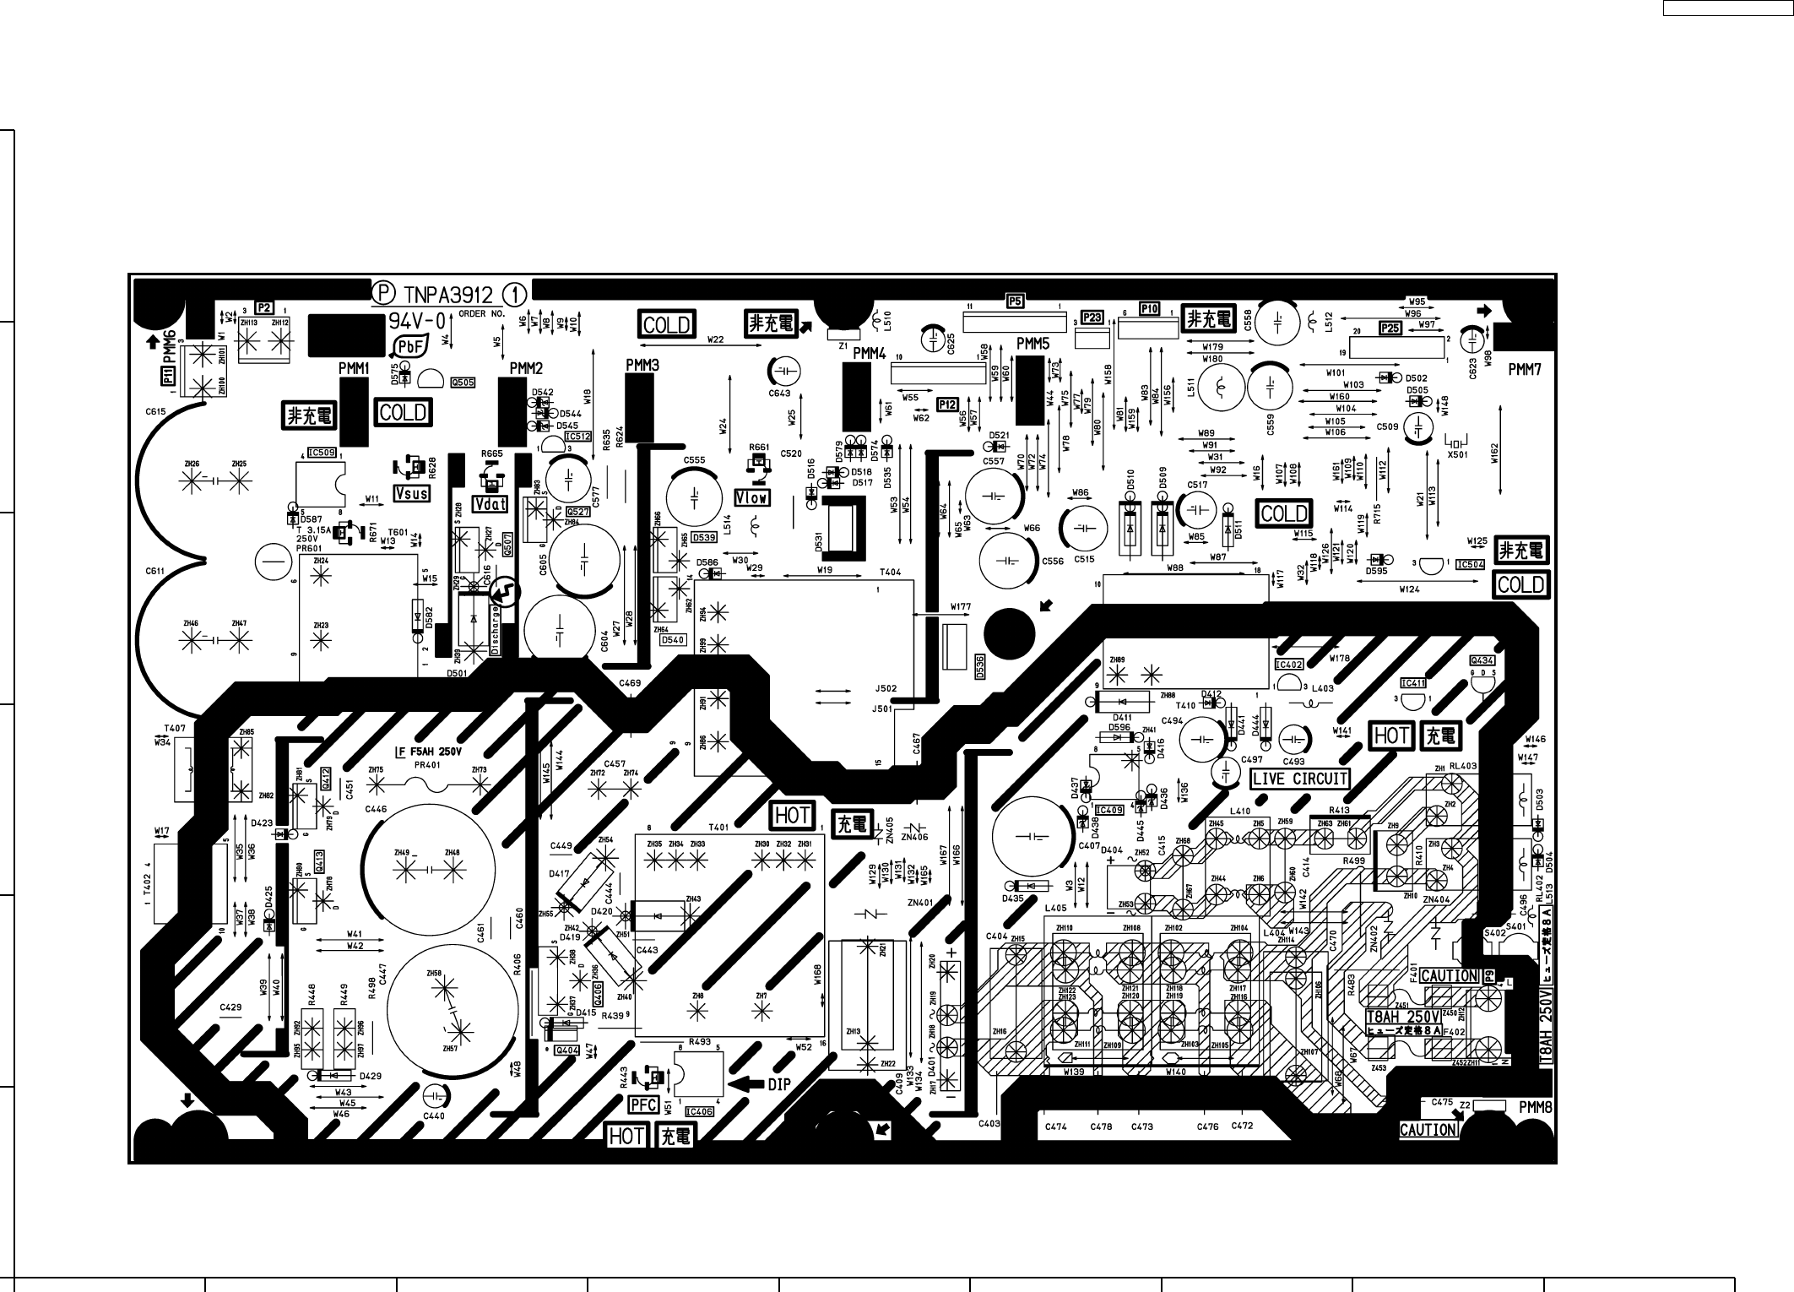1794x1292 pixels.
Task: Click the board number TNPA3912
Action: click(447, 294)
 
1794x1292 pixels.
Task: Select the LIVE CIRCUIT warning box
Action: click(1299, 779)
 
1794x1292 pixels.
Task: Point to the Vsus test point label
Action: click(412, 493)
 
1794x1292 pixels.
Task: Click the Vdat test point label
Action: click(491, 504)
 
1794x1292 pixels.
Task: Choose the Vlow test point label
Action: click(751, 498)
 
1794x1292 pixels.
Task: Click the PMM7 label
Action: click(1525, 368)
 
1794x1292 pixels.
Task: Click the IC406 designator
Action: click(701, 1112)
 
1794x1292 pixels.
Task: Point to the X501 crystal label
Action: click(1458, 454)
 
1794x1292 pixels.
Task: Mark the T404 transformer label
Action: click(890, 572)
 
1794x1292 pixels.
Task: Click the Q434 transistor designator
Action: click(1482, 660)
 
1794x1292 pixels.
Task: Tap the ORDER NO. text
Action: click(481, 313)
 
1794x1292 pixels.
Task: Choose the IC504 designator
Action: click(1470, 565)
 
